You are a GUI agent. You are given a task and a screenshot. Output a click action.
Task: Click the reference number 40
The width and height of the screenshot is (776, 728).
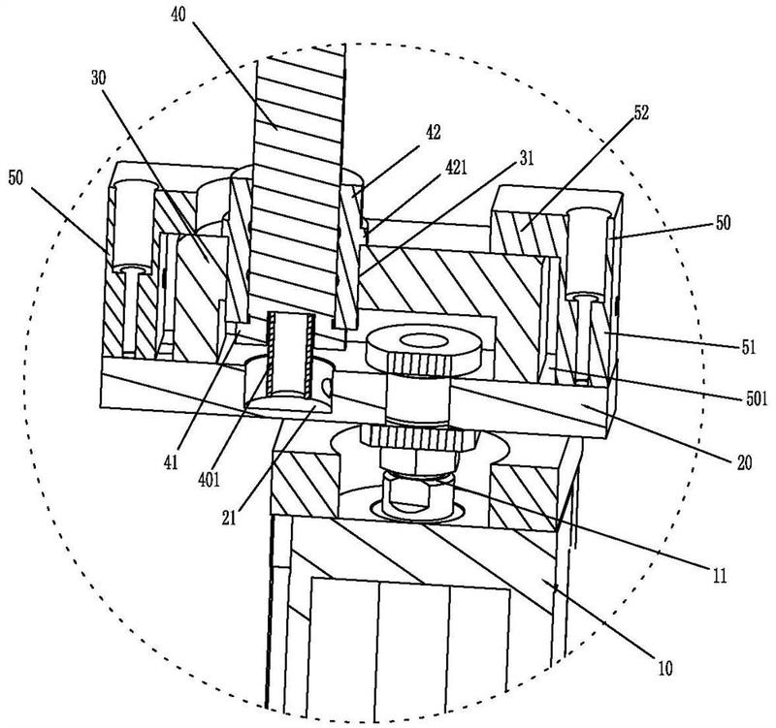tap(178, 15)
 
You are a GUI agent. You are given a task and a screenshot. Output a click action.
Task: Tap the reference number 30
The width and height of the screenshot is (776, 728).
tap(99, 79)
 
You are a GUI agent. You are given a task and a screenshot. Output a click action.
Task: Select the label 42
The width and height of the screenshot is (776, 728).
tap(433, 133)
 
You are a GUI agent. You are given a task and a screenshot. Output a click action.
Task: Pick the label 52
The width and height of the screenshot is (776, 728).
tap(639, 112)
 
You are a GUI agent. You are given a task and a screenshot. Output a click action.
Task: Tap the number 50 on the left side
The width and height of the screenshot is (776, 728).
tap(16, 178)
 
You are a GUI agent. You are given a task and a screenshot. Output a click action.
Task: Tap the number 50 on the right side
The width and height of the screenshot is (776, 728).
tap(723, 223)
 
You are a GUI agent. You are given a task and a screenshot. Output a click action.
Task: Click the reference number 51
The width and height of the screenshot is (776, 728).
tap(749, 348)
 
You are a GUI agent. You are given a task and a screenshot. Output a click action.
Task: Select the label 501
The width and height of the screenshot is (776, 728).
tap(757, 398)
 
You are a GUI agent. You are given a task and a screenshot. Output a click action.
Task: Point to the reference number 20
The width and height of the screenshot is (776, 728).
tap(744, 462)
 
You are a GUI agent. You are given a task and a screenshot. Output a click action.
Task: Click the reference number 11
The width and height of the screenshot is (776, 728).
tap(719, 575)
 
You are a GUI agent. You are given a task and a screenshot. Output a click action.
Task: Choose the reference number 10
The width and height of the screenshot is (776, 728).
tap(665, 669)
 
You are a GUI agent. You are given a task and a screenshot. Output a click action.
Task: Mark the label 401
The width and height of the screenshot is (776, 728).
tap(209, 480)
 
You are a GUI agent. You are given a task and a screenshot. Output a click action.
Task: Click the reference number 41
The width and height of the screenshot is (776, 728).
tap(171, 464)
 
